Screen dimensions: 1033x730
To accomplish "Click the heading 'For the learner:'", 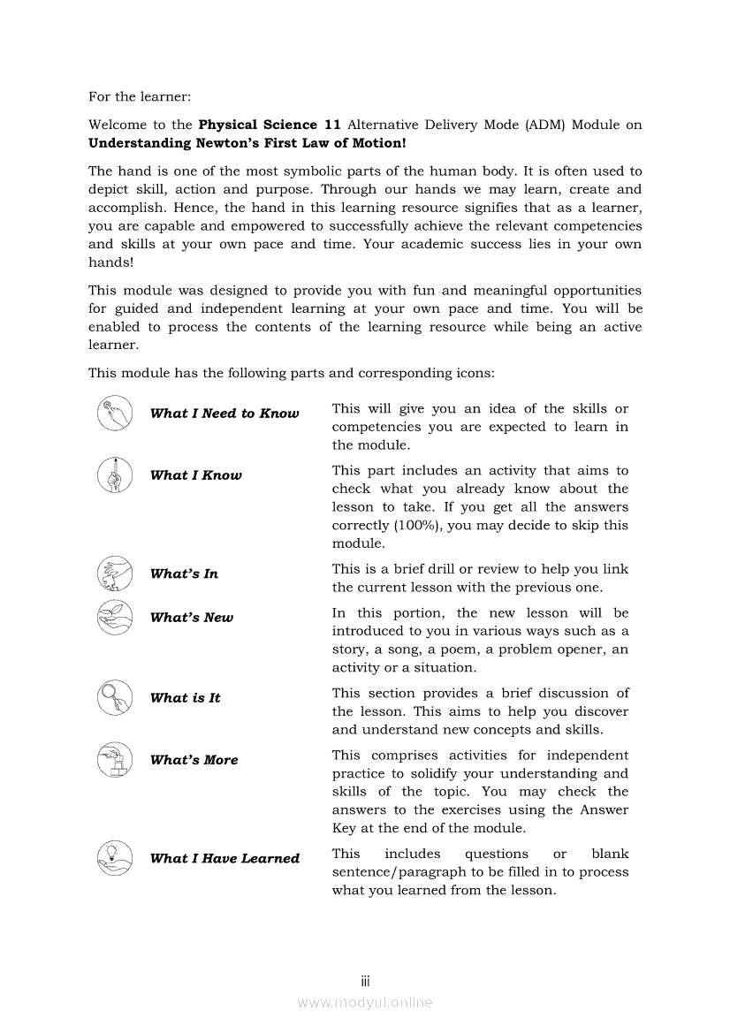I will [x=140, y=95].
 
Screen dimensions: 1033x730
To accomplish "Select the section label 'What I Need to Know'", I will [x=224, y=414].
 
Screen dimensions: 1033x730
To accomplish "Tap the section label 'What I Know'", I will [x=195, y=475].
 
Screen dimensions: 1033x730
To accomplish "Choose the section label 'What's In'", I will [x=184, y=573].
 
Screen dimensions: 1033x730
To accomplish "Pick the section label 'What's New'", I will [x=192, y=618].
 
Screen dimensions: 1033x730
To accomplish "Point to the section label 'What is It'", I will [x=186, y=698].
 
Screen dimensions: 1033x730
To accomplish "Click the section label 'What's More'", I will [x=194, y=760].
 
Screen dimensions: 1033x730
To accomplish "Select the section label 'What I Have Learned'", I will [x=224, y=858].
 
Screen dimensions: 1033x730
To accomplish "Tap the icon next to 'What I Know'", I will [x=115, y=475].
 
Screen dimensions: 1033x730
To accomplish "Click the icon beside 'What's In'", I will [x=115, y=573].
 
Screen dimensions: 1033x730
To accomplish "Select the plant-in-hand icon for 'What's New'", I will [x=115, y=617].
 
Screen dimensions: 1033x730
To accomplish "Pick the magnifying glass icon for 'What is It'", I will [x=115, y=698].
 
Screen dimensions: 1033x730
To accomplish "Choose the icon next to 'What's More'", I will [x=115, y=760].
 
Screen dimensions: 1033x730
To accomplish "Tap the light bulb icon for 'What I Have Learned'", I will [x=115, y=857].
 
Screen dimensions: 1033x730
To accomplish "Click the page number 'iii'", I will [x=365, y=981].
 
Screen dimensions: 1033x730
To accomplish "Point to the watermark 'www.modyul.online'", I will [x=365, y=1002].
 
